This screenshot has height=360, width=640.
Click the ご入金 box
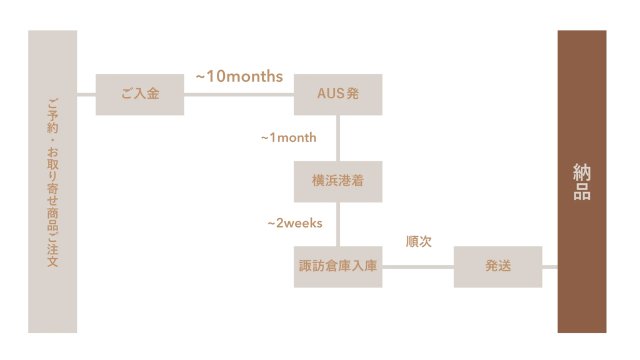139,94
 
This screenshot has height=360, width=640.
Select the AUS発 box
338,94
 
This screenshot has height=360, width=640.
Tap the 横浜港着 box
338,182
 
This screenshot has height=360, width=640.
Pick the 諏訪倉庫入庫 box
338,267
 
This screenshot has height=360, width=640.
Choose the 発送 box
498,267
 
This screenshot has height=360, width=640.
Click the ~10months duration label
239,76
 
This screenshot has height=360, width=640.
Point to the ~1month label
289,137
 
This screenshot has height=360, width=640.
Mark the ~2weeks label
295,223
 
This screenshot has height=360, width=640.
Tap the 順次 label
419,241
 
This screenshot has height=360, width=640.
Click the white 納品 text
582,182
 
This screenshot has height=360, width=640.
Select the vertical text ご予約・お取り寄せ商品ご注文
52,182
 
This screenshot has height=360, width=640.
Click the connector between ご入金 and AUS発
239,95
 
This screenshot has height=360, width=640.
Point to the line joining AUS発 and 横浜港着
338,138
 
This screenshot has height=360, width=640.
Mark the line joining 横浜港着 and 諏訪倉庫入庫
338,224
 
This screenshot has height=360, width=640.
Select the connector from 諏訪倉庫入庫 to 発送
418,267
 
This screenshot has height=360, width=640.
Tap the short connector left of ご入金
86,95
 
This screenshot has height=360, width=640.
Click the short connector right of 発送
550,267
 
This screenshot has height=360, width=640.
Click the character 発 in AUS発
352,94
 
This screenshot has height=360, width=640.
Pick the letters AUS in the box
330,94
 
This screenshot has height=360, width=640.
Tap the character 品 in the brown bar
582,191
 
